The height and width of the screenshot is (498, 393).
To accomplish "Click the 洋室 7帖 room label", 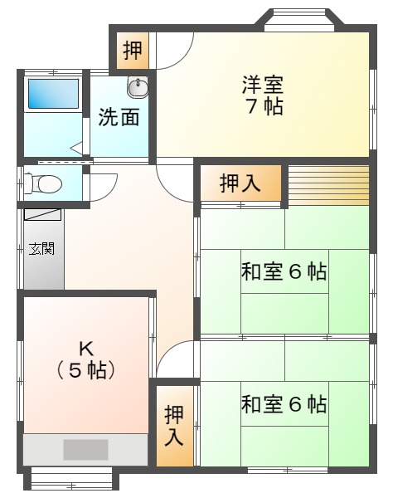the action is point(263,95).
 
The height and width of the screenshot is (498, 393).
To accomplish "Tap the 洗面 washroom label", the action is point(119,117).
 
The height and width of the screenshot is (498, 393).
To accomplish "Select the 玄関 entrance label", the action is point(41,248).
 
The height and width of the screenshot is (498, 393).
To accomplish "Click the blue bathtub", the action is point(53,94).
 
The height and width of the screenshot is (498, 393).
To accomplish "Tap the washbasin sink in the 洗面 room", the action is point(138,86).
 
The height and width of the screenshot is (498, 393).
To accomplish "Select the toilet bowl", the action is point(43,183).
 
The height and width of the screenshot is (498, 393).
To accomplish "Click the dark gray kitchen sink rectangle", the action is point(85,449).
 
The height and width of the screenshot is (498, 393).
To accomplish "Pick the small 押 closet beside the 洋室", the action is point(133,51).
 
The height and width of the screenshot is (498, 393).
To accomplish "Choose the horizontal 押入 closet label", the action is point(240,183).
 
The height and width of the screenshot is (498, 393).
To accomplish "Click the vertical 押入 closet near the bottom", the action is point(174,426).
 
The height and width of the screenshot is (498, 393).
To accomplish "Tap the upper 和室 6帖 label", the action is point(284,271).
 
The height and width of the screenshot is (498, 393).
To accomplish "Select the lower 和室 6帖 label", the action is point(284,403).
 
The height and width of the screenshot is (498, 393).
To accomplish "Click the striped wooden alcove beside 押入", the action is point(328,185).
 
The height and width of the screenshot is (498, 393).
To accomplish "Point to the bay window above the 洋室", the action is point(300,20).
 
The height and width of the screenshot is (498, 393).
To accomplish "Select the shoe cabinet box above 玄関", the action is point(42,214).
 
